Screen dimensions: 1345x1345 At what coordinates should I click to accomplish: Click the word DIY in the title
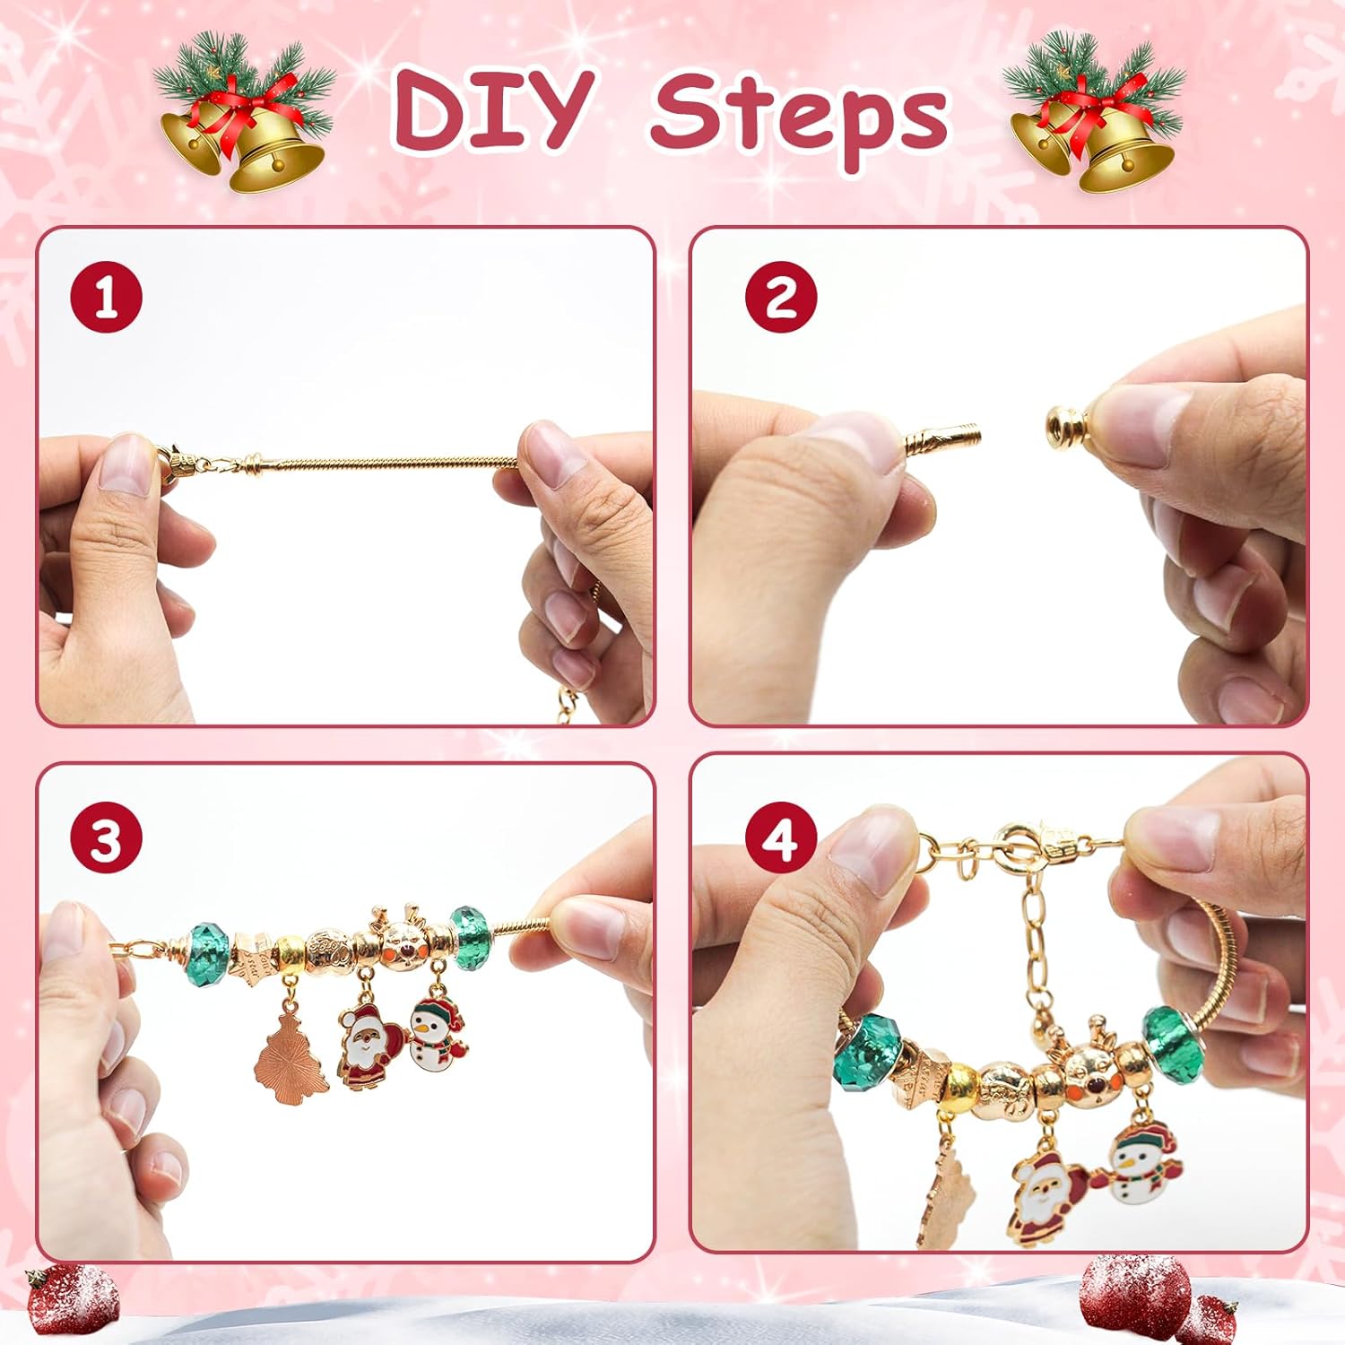tap(492, 109)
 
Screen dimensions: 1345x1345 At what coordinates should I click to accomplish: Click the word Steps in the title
tap(799, 117)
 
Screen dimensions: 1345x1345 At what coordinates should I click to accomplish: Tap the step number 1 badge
tap(106, 297)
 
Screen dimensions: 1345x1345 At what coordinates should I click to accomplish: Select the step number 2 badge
tap(780, 297)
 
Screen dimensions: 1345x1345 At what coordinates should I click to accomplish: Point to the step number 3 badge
tap(106, 840)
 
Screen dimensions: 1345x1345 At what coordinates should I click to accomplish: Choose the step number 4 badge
tap(780, 840)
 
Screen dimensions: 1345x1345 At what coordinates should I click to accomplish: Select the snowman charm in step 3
tap(437, 1036)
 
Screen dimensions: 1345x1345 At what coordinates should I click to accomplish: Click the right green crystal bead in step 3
tap(468, 937)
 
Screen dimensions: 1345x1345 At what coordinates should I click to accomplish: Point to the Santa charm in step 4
tap(1043, 1197)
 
